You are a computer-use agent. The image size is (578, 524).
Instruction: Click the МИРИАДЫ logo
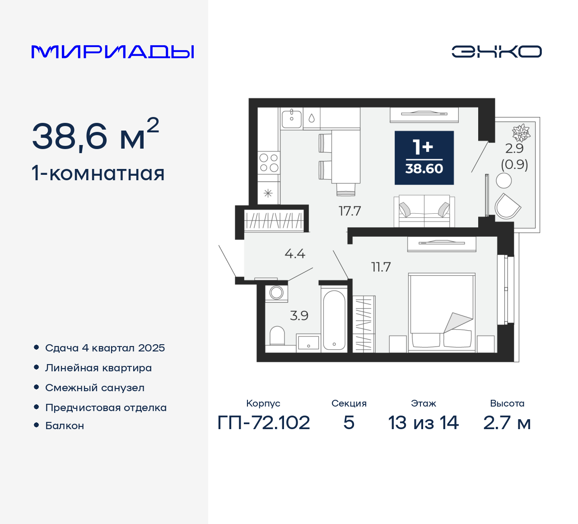113,52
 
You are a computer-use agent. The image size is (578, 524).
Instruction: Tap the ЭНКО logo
496,51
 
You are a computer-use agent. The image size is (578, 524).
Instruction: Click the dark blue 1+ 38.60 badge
424,158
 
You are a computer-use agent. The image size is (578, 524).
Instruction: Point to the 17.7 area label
350,211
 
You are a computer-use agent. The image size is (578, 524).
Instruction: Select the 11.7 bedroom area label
381,267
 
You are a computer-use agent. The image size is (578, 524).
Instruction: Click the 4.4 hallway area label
295,254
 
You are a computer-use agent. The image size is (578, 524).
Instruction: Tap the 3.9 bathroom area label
299,315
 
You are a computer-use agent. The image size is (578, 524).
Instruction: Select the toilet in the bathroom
277,336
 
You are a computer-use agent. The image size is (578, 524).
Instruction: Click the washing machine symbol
276,293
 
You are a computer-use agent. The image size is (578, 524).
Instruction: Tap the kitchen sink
292,119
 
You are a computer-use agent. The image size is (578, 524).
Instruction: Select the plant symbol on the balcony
521,133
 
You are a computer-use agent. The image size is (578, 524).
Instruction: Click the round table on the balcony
504,181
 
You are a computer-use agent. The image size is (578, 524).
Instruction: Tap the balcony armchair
507,207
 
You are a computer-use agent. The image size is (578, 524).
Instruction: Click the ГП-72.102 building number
264,423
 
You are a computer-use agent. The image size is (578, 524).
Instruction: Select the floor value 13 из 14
423,423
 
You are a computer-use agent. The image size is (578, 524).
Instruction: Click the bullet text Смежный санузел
95,388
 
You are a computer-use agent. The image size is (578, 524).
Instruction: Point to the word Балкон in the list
65,426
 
